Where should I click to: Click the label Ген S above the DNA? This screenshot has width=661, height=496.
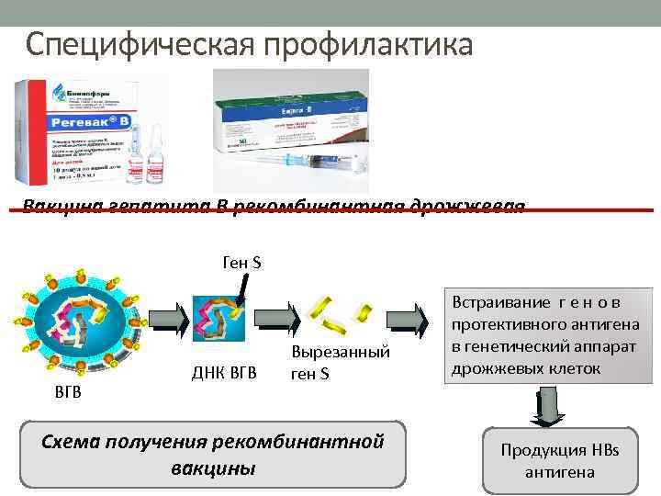click(241, 264)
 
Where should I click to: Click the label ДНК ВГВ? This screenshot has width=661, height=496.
click(224, 372)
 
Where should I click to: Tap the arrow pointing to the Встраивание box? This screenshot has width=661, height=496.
click(409, 321)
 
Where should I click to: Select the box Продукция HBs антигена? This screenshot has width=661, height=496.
click(559, 461)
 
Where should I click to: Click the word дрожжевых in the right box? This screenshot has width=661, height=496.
click(496, 368)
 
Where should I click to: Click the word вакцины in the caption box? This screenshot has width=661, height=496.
click(213, 468)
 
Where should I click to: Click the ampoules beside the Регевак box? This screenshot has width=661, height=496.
click(146, 156)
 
